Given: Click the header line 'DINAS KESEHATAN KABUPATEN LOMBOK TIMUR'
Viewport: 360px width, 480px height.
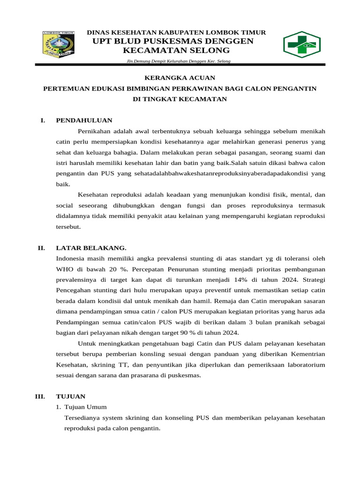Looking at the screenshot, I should (x=177, y=32).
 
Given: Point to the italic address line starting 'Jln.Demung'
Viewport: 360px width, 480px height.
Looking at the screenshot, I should (x=178, y=61).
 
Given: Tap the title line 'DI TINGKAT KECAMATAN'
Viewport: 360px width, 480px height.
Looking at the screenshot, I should (x=180, y=98).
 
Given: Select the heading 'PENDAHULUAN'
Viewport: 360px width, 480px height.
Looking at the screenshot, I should (x=84, y=120).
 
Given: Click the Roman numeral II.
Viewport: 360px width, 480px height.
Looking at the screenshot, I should (x=41, y=247).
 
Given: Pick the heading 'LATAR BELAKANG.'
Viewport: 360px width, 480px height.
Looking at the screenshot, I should (x=91, y=247).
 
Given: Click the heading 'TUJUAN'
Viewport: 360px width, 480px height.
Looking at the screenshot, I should (x=70, y=396).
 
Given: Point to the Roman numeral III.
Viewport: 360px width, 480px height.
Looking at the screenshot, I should (x=40, y=396).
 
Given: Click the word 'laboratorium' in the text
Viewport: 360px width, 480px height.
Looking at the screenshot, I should (x=307, y=364).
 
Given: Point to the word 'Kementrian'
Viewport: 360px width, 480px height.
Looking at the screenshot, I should (x=307, y=354).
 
